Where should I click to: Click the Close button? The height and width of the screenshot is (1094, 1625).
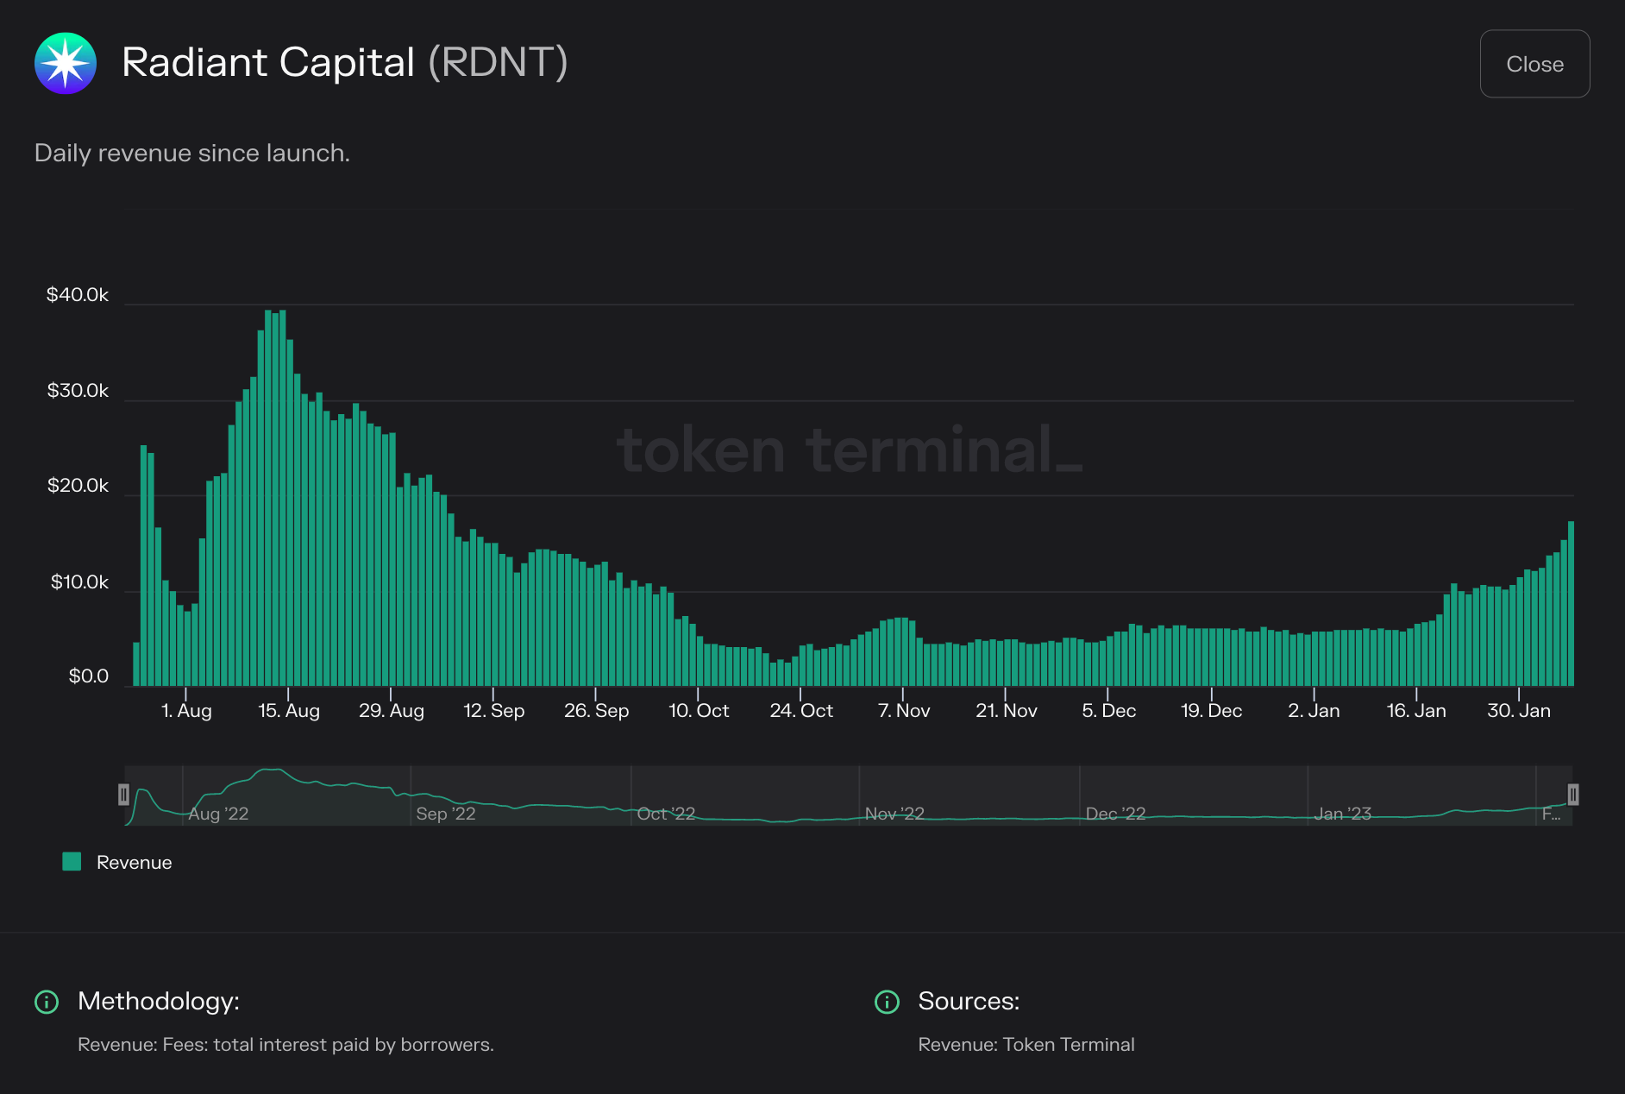pos(1534,64)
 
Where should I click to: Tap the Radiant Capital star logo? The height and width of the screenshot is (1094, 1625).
pos(66,63)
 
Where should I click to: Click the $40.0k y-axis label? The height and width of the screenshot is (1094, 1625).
pos(78,295)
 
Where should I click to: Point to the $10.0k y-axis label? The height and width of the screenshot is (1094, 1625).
pos(79,582)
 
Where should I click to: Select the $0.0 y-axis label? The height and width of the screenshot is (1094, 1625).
pos(89,676)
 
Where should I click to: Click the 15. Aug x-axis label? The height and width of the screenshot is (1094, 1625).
pos(289,711)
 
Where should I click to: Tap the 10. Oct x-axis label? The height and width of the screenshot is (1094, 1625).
pos(699,711)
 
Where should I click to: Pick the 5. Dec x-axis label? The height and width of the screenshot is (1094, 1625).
pos(1108,711)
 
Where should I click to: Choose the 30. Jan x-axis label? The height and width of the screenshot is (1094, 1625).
pos(1518,711)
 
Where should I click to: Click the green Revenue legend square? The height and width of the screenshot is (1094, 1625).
pos(72,862)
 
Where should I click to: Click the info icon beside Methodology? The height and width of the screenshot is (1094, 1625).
pos(46,1002)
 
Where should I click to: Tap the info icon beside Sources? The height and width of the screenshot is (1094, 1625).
pos(887,1002)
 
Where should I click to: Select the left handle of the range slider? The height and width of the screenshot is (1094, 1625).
pos(123,795)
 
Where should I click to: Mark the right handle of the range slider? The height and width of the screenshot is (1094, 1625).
pos(1573,795)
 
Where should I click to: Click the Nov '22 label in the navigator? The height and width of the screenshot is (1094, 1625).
pos(894,814)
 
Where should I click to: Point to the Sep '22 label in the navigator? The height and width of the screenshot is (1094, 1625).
pos(445,814)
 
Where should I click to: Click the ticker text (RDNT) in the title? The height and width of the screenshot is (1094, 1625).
pos(499,63)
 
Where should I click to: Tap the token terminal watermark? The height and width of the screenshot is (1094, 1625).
pos(850,450)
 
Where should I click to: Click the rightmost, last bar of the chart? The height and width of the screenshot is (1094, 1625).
pos(1571,604)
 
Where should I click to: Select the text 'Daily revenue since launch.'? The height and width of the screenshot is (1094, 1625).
pos(192,154)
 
